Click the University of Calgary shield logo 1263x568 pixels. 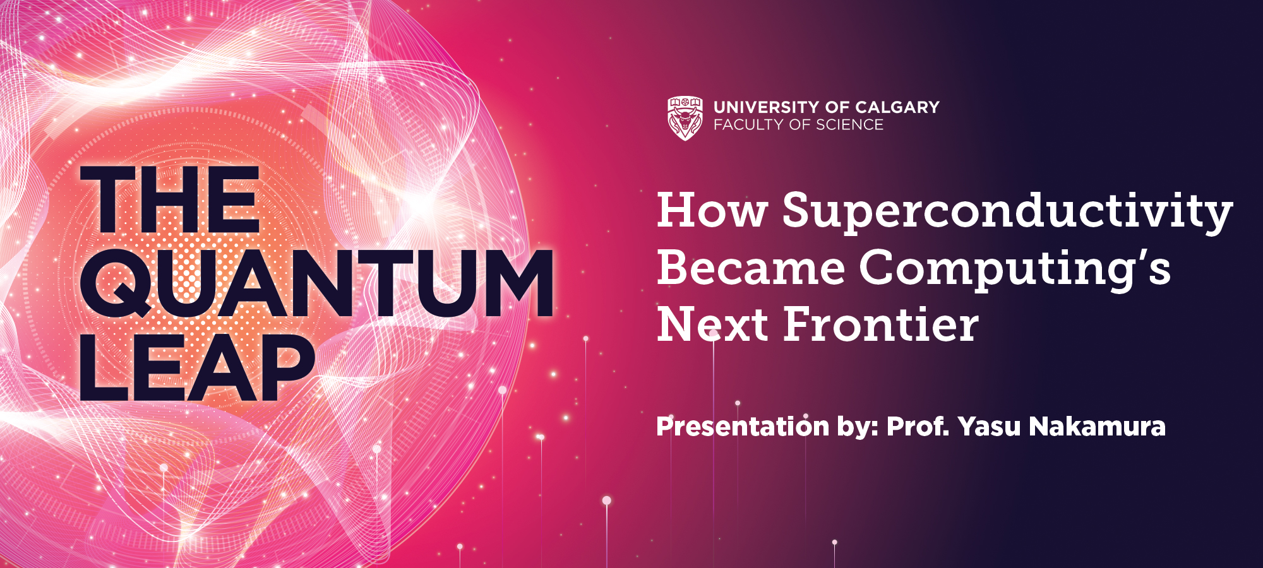point(685,118)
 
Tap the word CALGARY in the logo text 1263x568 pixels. point(897,107)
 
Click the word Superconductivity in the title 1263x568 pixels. point(1007,211)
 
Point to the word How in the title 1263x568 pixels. point(712,210)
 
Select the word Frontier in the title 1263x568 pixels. point(881,324)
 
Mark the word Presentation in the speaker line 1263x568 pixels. point(743,427)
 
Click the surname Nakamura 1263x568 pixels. point(1098,427)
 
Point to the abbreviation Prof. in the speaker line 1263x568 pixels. point(919,427)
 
